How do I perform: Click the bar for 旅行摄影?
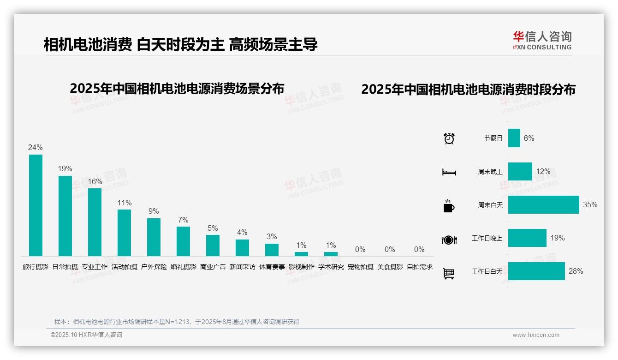(x=36, y=205)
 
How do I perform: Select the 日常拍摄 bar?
(x=65, y=216)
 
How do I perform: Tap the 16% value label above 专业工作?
(x=95, y=182)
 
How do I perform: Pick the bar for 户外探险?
(x=154, y=237)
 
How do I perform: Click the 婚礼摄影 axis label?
(x=183, y=267)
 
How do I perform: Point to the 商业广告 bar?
(x=213, y=245)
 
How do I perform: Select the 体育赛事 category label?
(x=272, y=267)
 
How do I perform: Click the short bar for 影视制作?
(x=301, y=254)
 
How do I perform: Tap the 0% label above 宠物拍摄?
(x=360, y=250)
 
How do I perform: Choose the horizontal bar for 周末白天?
(x=543, y=204)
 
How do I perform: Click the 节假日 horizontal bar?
(x=514, y=138)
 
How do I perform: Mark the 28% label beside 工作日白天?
(x=576, y=271)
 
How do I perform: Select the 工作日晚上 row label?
(x=487, y=238)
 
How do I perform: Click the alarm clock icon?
(x=449, y=138)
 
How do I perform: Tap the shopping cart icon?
(x=449, y=273)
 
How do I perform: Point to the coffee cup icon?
(x=449, y=206)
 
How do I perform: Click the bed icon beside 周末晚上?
(x=449, y=172)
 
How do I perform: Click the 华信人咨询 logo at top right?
(x=542, y=40)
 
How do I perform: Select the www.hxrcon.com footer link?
(x=536, y=335)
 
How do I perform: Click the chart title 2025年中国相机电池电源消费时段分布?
(x=468, y=90)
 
